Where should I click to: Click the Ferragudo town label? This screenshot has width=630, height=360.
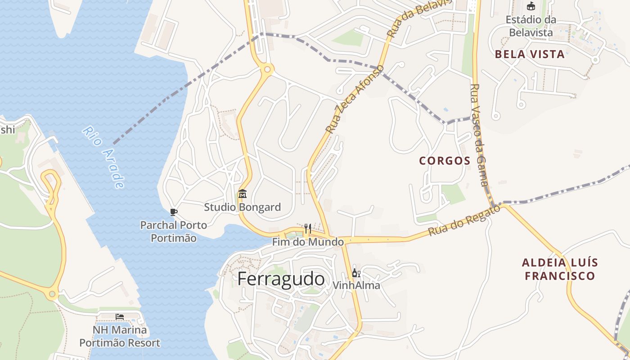[x=281, y=279]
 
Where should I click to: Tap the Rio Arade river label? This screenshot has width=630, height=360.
[x=103, y=157]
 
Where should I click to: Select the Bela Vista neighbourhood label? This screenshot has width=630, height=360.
[x=530, y=54]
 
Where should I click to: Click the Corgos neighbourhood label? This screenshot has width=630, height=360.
[x=445, y=161]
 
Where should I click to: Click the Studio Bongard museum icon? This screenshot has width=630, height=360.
[x=243, y=194]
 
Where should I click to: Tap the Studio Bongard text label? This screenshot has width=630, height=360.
[x=242, y=207]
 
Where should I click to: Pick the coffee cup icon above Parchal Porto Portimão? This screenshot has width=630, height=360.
[x=174, y=212]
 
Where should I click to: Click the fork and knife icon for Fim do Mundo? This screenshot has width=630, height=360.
[x=308, y=229]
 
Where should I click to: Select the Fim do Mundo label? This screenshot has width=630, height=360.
[x=308, y=242]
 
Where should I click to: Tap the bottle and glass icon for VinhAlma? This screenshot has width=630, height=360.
[x=356, y=273]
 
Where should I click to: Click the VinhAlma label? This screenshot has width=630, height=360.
[x=356, y=285]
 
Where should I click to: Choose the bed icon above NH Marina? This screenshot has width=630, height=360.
[x=120, y=317]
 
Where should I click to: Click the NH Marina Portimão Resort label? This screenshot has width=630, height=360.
[x=120, y=337]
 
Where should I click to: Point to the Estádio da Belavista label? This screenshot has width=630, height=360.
[x=531, y=26]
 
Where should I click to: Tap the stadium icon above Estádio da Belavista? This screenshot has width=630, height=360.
[x=531, y=6]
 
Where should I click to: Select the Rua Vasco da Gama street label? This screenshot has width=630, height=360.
[x=479, y=135]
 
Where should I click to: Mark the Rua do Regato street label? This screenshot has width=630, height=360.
[x=464, y=220]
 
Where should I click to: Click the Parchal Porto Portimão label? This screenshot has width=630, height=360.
[x=174, y=231]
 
